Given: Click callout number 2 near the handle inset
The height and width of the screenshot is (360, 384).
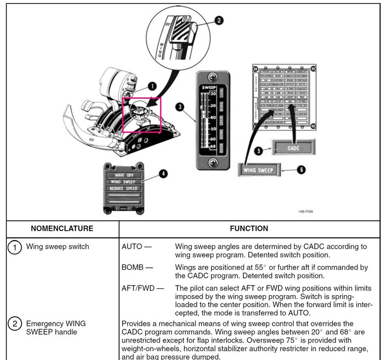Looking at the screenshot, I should [219, 21].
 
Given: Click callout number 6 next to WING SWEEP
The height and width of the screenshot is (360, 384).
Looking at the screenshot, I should [301, 169].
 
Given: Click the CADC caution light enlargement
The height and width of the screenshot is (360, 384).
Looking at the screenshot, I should [294, 148].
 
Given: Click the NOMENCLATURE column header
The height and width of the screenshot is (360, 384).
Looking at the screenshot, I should [62, 228].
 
